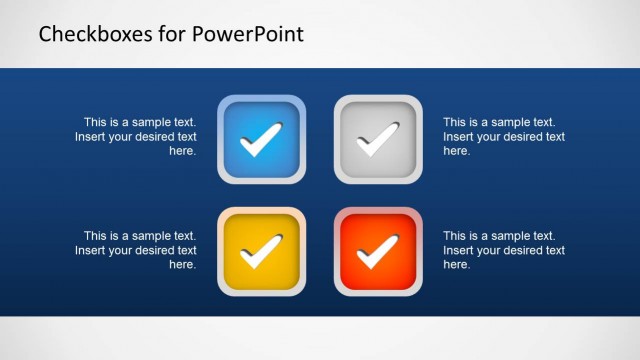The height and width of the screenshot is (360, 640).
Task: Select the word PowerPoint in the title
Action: [x=244, y=35]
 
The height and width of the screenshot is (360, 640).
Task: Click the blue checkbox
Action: [x=261, y=139]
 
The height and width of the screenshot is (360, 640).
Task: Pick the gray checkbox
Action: [x=378, y=139]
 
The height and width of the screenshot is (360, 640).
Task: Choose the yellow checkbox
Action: [x=261, y=252]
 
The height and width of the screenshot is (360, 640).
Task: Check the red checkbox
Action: [x=378, y=252]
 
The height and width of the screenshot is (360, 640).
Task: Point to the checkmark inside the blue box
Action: [x=261, y=140]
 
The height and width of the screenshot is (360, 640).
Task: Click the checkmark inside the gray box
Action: [x=378, y=140]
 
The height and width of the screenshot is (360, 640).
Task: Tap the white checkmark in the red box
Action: [x=378, y=253]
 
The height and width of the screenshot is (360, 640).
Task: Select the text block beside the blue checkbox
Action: [x=137, y=137]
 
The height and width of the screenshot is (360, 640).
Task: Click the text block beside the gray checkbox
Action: [x=503, y=137]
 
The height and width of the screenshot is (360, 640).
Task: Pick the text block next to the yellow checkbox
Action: [x=137, y=250]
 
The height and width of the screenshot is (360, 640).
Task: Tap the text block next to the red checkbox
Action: [x=503, y=250]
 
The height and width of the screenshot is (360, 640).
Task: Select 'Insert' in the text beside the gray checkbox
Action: [x=459, y=137]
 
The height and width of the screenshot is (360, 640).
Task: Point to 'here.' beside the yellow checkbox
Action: [x=182, y=265]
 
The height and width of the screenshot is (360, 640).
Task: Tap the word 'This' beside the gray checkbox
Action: [x=456, y=123]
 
